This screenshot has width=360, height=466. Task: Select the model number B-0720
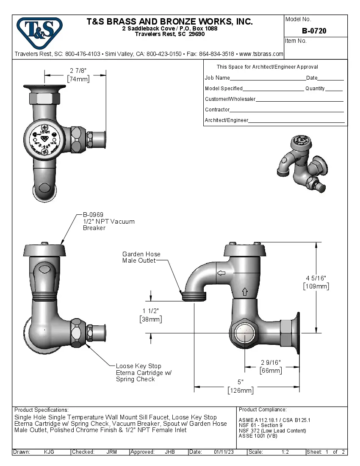point(314,31)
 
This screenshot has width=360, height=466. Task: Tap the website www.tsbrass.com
point(261,54)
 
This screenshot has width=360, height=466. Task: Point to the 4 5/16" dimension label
point(316,277)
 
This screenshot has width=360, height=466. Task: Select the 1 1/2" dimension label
point(150,311)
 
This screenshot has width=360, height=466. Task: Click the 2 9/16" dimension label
point(270,362)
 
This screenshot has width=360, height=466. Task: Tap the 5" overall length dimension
point(241,382)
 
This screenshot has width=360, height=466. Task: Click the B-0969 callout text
point(93,215)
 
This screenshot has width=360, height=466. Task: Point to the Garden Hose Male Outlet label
point(141,257)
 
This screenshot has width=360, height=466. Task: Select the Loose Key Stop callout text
point(138,366)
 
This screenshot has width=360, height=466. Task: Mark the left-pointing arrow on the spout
point(221,273)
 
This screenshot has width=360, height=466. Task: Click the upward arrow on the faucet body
point(244,291)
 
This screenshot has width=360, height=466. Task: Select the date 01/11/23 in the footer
point(224,452)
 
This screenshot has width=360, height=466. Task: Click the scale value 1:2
point(285,452)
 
